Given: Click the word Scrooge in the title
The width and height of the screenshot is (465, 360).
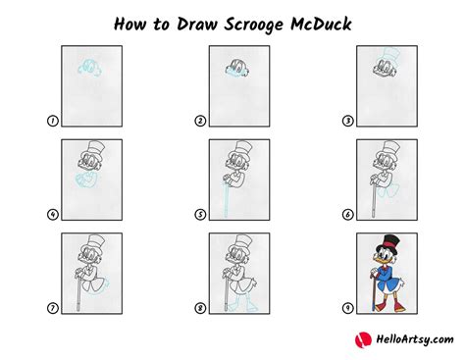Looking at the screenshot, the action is tap(253, 26).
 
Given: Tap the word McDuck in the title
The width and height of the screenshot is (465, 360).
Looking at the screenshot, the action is tap(321, 25).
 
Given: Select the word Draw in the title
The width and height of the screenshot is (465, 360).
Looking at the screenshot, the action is tap(197, 25).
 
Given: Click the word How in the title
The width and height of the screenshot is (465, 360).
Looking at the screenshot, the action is tap(129, 25).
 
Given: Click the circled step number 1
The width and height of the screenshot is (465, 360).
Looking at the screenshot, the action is tap(52, 121).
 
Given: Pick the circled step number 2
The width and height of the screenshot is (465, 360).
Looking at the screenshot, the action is tap(200, 121).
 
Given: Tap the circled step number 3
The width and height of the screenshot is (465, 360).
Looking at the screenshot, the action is tap(347, 121).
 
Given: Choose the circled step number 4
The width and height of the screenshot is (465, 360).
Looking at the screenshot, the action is tap(52, 215).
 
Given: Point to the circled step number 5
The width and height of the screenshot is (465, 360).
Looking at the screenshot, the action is tap(200, 215).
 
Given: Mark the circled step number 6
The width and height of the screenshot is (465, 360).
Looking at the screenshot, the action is tap(347, 215).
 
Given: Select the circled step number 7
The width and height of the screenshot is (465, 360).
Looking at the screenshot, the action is tap(52, 308).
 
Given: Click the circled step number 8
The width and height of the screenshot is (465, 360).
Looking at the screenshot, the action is tap(200, 308).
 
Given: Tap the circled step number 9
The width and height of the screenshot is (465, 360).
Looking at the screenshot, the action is tap(347, 308).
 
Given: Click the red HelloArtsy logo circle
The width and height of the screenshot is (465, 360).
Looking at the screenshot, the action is tap(363, 340).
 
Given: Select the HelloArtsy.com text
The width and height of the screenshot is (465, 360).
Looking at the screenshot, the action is tap(415, 339).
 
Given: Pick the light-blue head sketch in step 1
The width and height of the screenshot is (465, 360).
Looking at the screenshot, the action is tap(89, 68).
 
